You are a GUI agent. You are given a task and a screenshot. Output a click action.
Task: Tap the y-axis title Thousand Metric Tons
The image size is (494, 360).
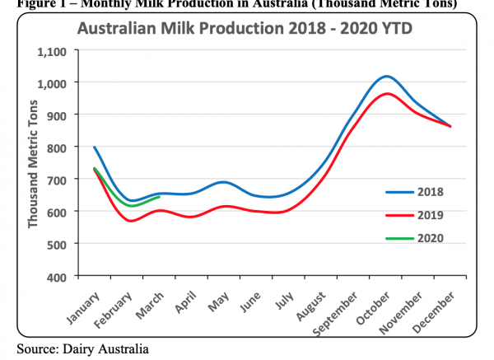tap(34, 164)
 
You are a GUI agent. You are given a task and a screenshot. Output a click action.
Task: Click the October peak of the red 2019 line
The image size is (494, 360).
tap(387, 93)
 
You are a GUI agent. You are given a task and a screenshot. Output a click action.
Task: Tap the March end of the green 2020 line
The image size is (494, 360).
tap(159, 197)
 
